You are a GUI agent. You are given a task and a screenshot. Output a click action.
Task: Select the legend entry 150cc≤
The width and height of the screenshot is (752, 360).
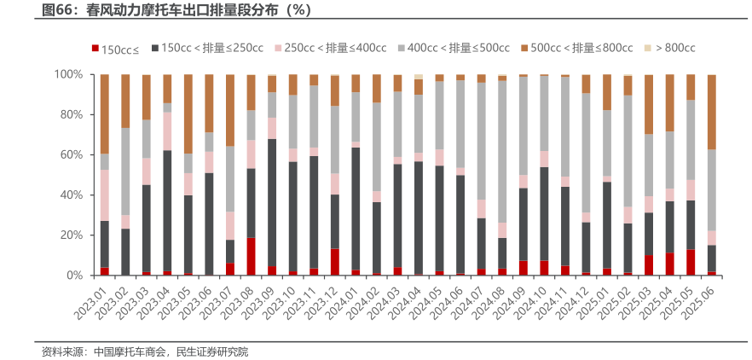pos(120,49)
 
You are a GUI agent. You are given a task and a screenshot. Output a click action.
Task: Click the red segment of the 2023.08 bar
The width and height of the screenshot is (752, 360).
pos(251,257)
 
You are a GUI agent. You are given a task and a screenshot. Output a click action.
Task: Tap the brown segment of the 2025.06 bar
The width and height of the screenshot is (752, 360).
pos(711,112)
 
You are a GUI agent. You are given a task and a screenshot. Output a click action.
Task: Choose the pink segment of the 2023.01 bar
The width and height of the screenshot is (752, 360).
pos(105,195)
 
